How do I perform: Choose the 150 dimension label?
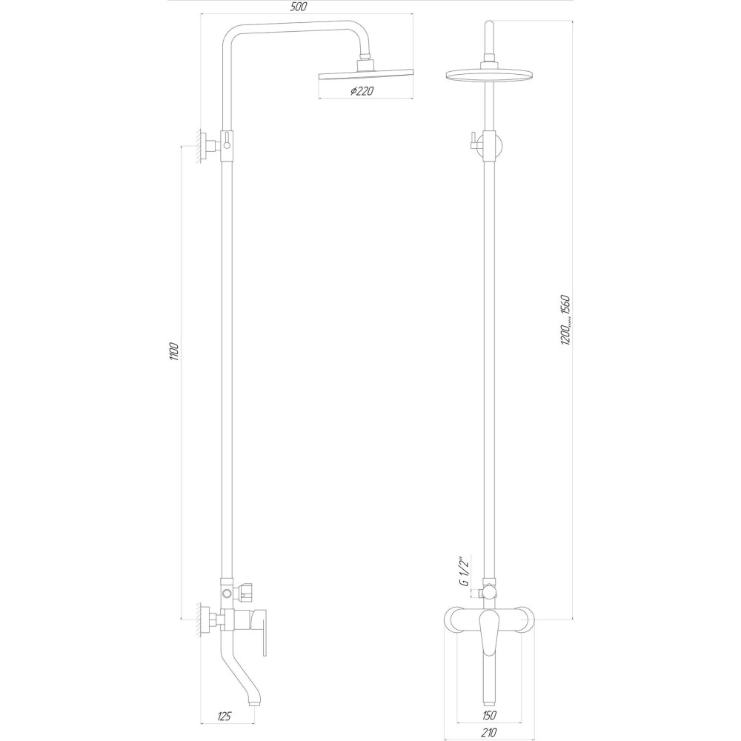point(489,715)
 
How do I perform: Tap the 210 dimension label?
point(489,733)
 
